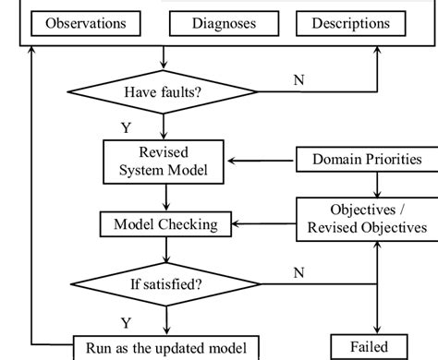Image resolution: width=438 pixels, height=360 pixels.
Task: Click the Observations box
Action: coord(87,23)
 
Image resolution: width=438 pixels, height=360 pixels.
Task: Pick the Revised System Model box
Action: coord(165,162)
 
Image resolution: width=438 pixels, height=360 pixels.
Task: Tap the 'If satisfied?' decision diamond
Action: coord(165,282)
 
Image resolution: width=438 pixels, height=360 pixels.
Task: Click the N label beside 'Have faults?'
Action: coord(298,80)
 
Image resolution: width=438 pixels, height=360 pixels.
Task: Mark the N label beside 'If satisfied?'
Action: coord(298,271)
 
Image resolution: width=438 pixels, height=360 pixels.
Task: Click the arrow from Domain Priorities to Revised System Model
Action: coord(262,161)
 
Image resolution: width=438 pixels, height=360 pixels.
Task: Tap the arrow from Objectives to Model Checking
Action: coord(263,224)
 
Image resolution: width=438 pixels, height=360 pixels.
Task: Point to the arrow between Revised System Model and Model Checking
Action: coord(165,197)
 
